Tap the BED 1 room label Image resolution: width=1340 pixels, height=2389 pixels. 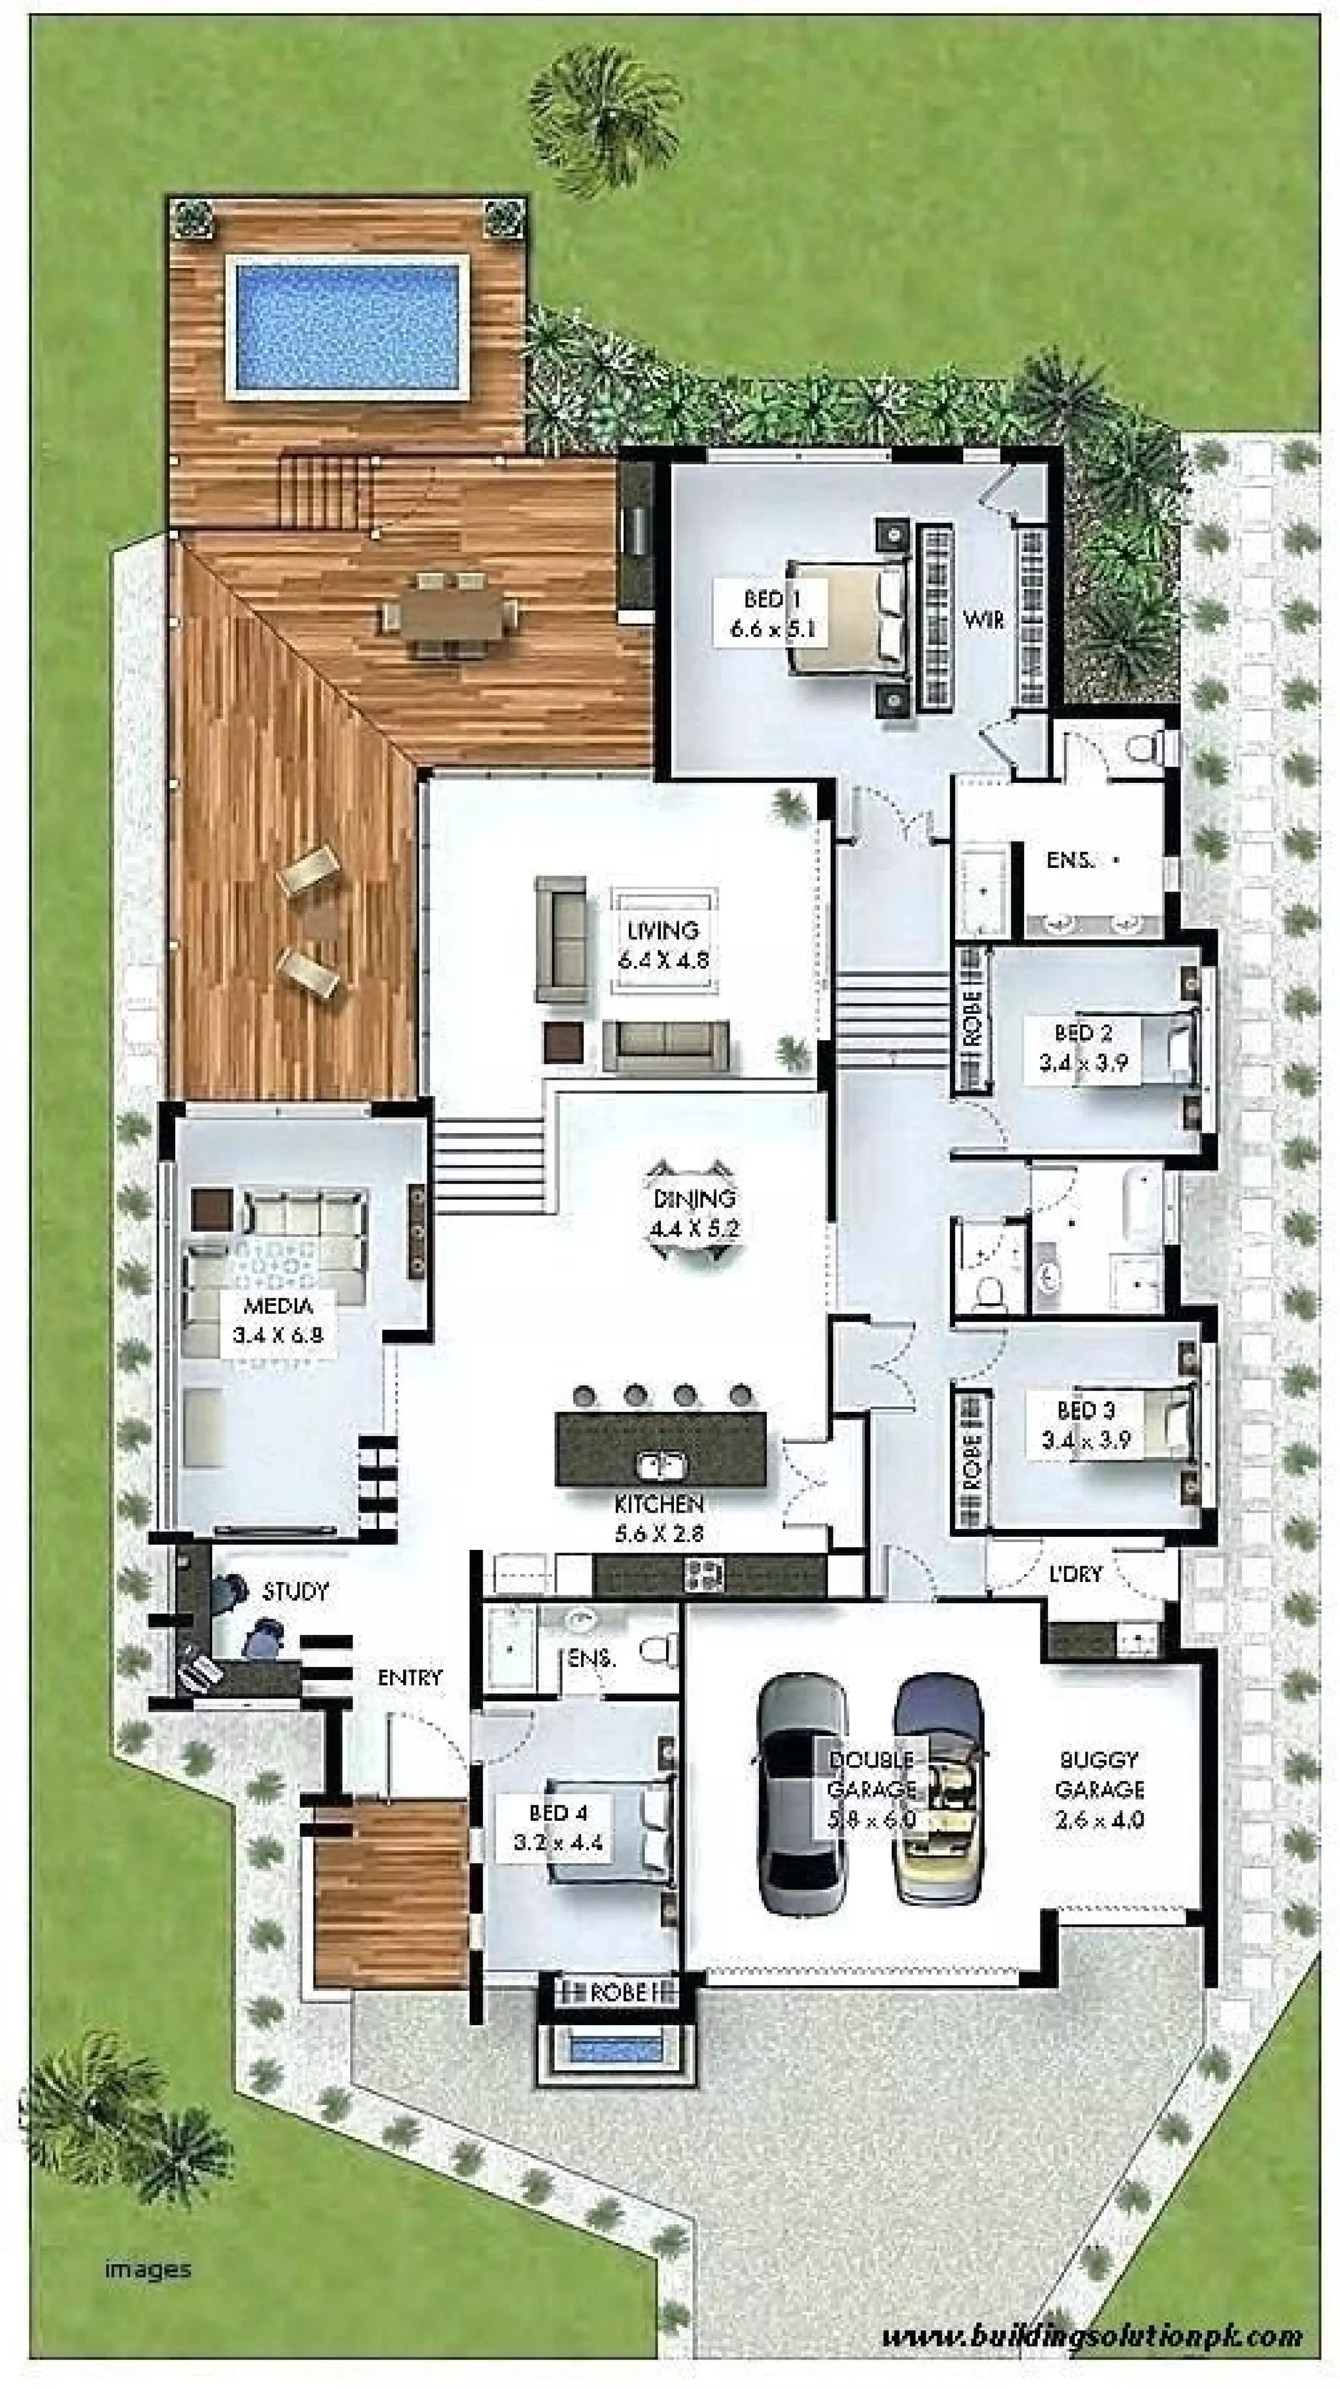771,614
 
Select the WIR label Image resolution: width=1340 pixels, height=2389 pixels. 983,620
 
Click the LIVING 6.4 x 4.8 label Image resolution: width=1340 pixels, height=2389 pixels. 662,944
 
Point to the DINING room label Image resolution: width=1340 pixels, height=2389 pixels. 696,1214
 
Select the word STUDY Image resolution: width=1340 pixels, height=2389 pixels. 295,1591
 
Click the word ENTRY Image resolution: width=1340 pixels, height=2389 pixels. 409,1678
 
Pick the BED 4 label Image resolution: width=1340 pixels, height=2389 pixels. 557,1826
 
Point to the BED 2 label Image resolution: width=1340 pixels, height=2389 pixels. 1082,1046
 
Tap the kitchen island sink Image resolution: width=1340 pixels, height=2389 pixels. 661,1465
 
